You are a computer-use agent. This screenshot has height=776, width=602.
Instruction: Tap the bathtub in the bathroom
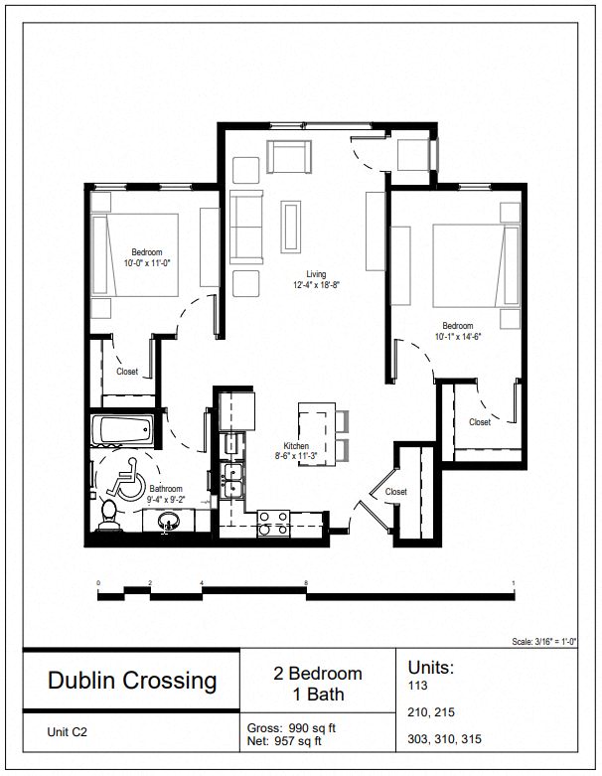121,431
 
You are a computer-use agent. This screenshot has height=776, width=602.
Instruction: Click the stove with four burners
273,523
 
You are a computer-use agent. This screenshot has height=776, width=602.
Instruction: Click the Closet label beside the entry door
395,492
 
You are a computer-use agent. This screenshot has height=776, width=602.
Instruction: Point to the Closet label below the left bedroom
127,372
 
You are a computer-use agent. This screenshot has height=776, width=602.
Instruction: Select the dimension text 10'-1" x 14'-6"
458,337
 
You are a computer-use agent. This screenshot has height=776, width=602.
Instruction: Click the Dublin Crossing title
132,681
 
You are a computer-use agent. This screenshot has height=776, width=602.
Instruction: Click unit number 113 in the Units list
415,686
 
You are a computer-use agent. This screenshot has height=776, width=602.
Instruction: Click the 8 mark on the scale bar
307,583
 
